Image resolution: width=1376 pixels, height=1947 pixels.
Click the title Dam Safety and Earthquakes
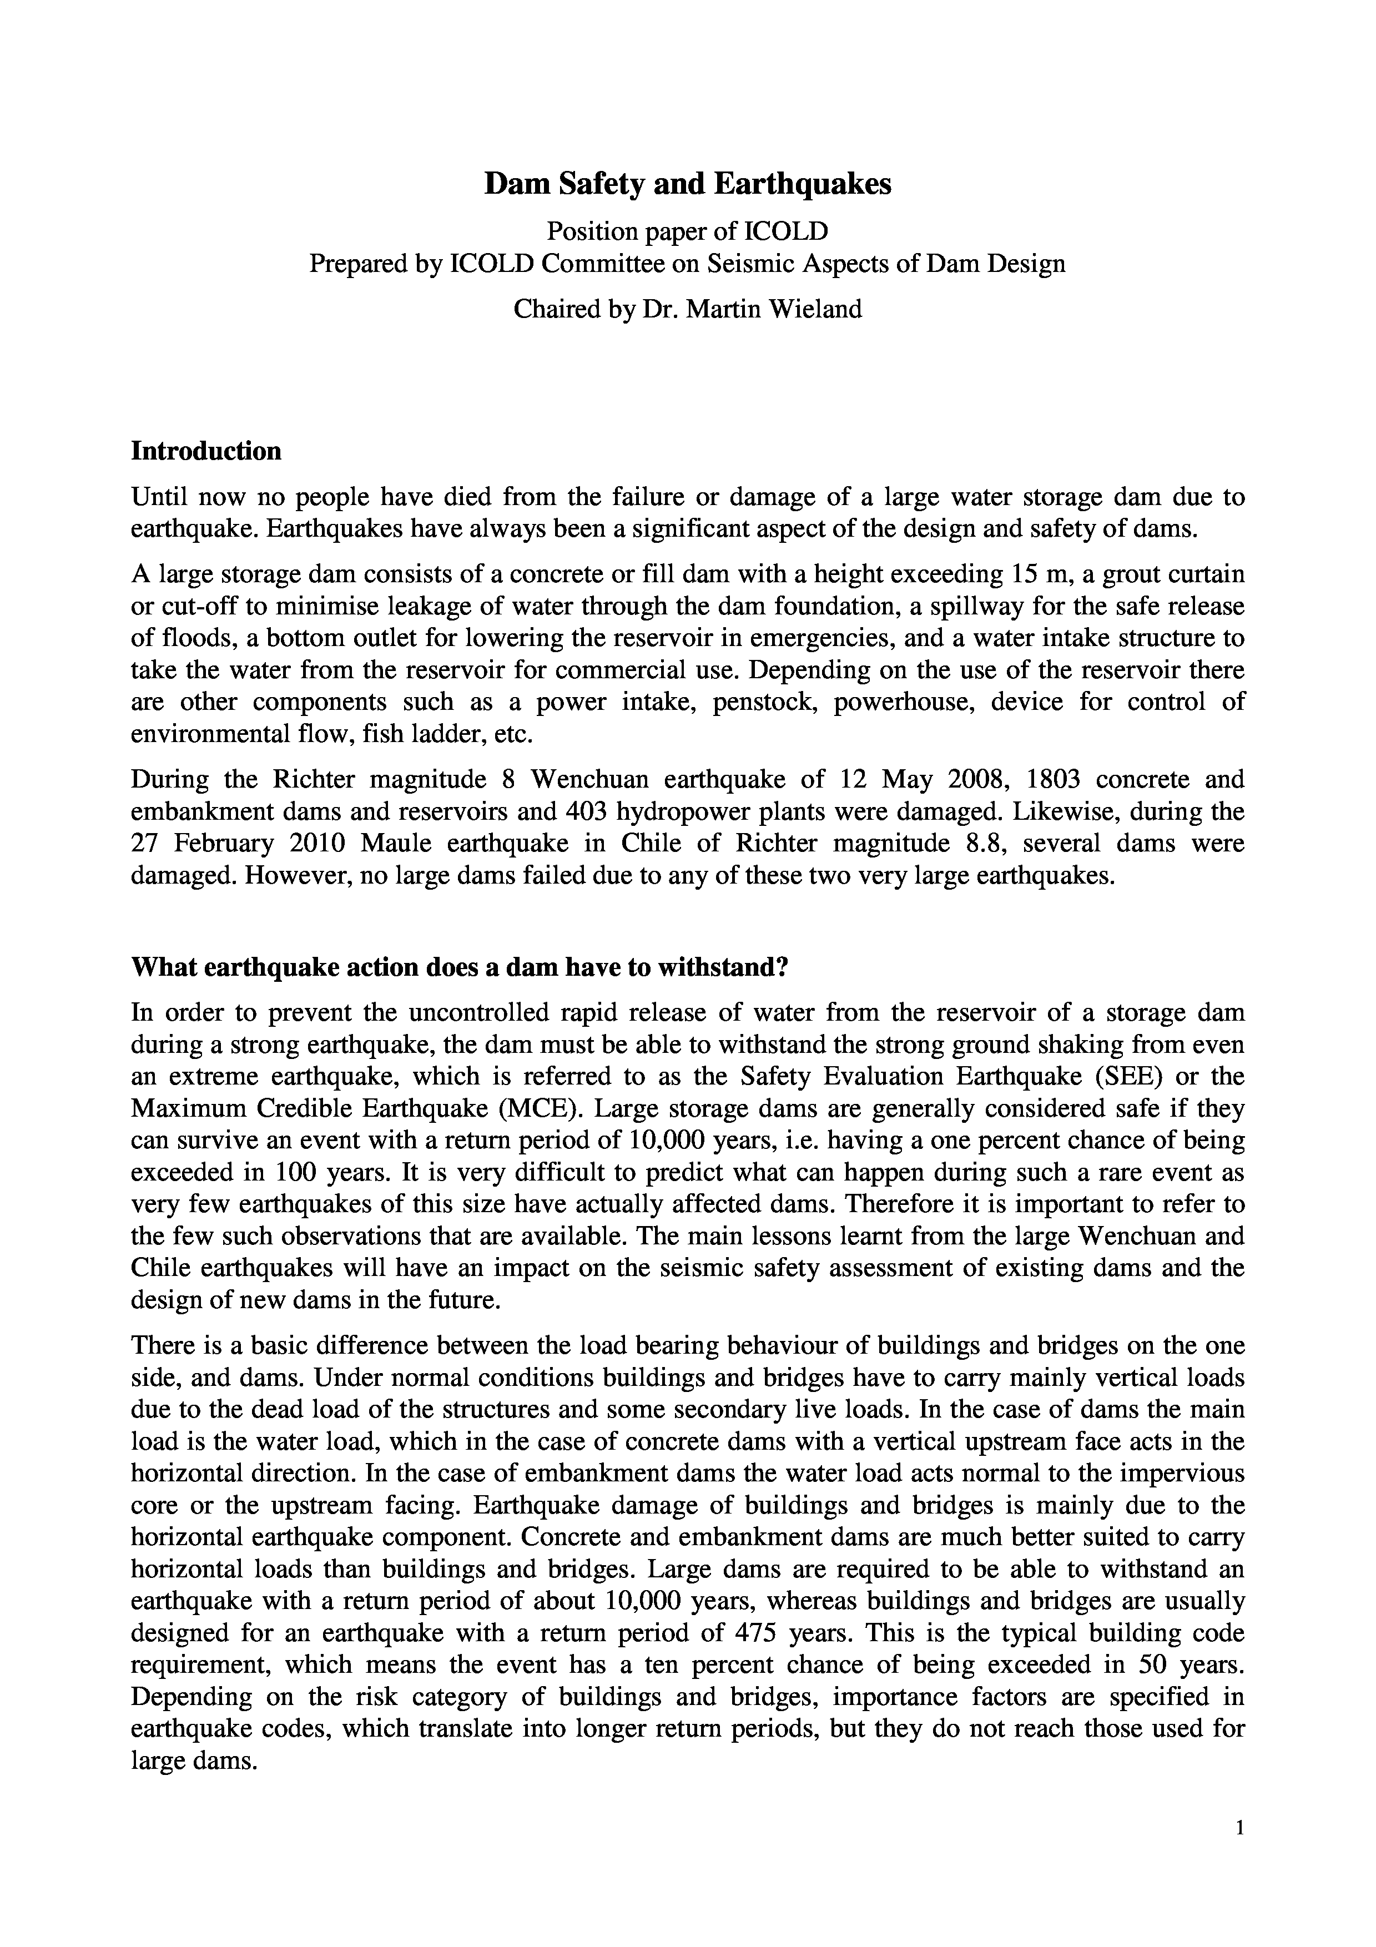pos(688,184)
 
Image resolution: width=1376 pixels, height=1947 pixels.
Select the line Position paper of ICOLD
pos(688,231)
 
